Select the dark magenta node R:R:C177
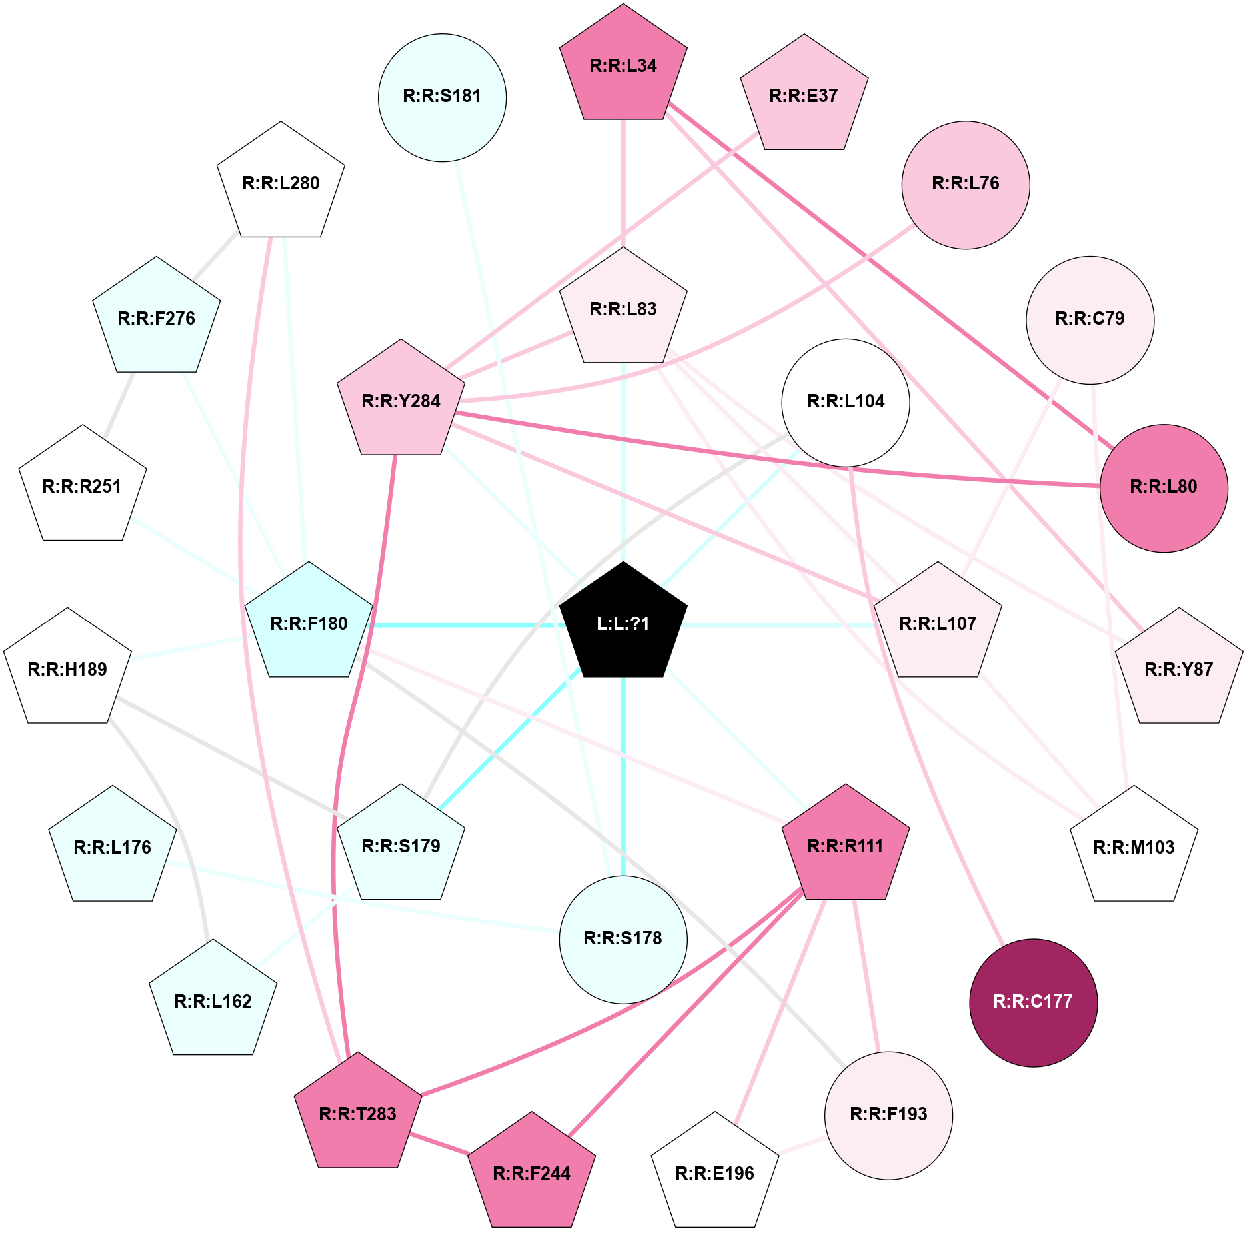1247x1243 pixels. (x=1033, y=1002)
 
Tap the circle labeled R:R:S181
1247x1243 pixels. (x=442, y=97)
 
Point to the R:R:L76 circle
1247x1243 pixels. (x=966, y=185)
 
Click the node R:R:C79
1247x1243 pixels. (x=1090, y=320)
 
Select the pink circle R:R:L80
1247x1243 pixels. (x=1164, y=488)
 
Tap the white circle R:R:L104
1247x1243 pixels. (x=846, y=403)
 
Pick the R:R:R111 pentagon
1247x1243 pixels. (x=846, y=846)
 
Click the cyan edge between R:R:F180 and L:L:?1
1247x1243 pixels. (x=466, y=625)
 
